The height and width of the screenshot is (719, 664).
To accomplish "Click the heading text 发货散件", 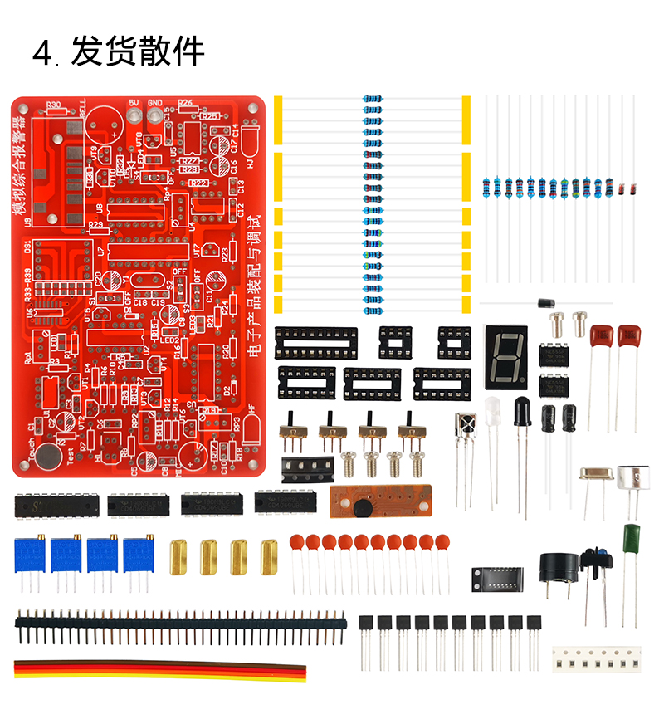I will coord(137,51).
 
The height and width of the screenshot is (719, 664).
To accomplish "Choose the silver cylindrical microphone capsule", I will coord(632,477).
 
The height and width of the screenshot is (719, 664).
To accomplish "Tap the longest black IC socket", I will coord(315,336).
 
